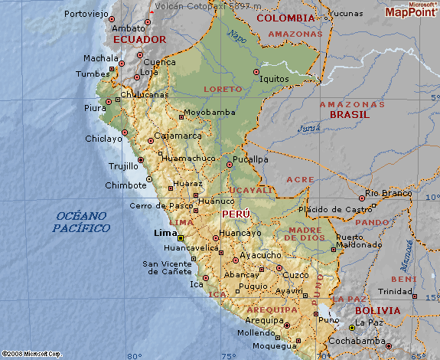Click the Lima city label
(x=165, y=233)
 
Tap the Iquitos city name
(x=274, y=78)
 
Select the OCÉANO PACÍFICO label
(x=81, y=222)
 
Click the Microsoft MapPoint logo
(x=412, y=10)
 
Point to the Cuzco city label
(x=295, y=274)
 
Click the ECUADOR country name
(x=139, y=39)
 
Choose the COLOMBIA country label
(x=285, y=18)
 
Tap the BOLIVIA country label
(x=377, y=311)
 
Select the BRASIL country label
(x=349, y=114)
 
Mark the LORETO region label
(x=223, y=89)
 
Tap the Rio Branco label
(x=387, y=193)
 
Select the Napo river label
(x=238, y=36)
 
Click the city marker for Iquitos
(x=256, y=72)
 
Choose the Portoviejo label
(x=86, y=14)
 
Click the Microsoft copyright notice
(x=31, y=354)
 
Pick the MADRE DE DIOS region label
(x=305, y=234)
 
